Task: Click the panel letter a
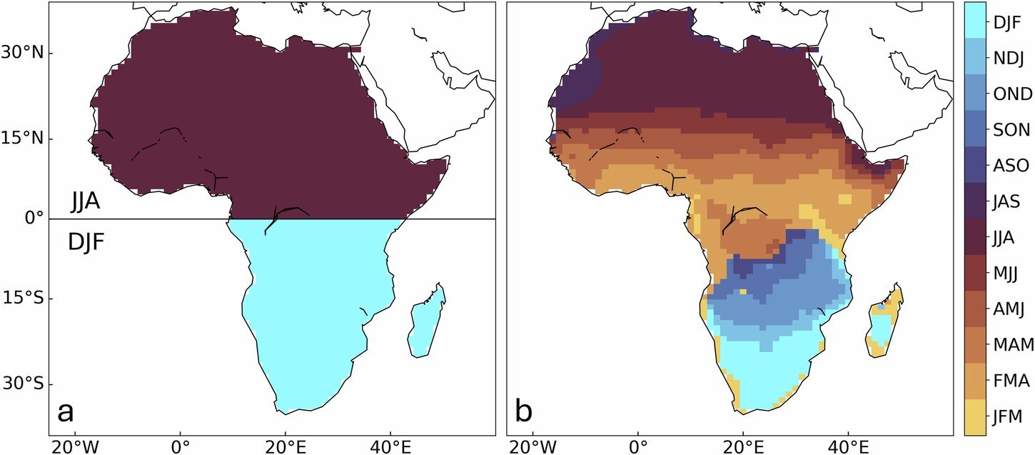tap(66, 412)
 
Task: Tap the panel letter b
tap(524, 412)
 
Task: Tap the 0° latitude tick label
tap(35, 219)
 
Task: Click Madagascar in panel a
tap(427, 325)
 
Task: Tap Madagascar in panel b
tap(885, 325)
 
